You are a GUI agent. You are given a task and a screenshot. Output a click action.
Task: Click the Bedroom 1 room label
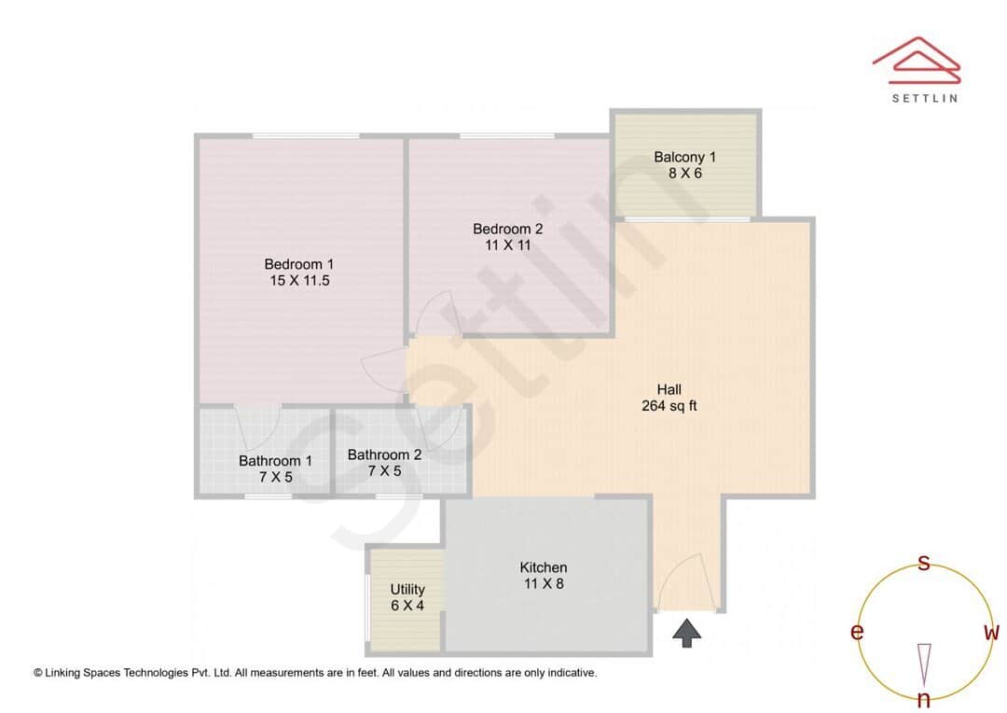(x=298, y=264)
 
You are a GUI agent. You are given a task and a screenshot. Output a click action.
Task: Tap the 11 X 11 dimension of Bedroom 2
(x=507, y=245)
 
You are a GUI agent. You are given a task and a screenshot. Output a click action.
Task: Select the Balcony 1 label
(x=684, y=157)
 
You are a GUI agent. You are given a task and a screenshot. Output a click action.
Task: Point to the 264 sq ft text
(x=669, y=406)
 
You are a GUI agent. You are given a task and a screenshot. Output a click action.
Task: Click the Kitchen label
(x=543, y=567)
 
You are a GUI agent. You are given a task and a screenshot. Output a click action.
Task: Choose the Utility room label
(x=407, y=589)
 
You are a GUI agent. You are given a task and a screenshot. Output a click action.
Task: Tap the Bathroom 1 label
(x=275, y=461)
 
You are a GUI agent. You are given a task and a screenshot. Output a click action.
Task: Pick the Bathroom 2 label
(x=384, y=455)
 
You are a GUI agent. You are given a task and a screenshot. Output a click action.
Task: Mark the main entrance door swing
(x=687, y=580)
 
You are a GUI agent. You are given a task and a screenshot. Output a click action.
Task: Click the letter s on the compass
(x=924, y=563)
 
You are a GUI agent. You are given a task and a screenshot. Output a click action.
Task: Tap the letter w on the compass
(x=991, y=633)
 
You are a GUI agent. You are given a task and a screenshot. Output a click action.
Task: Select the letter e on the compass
(x=856, y=633)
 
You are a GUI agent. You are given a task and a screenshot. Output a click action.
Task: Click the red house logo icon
(x=917, y=58)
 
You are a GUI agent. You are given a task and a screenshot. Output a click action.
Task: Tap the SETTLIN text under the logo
(x=924, y=97)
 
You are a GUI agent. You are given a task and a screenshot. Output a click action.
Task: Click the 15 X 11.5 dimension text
(x=298, y=280)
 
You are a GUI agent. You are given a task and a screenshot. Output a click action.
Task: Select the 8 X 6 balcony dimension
(x=684, y=173)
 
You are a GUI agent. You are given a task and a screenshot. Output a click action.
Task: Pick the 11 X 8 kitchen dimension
(x=543, y=584)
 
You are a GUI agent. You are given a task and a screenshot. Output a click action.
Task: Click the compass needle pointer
(x=924, y=664)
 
